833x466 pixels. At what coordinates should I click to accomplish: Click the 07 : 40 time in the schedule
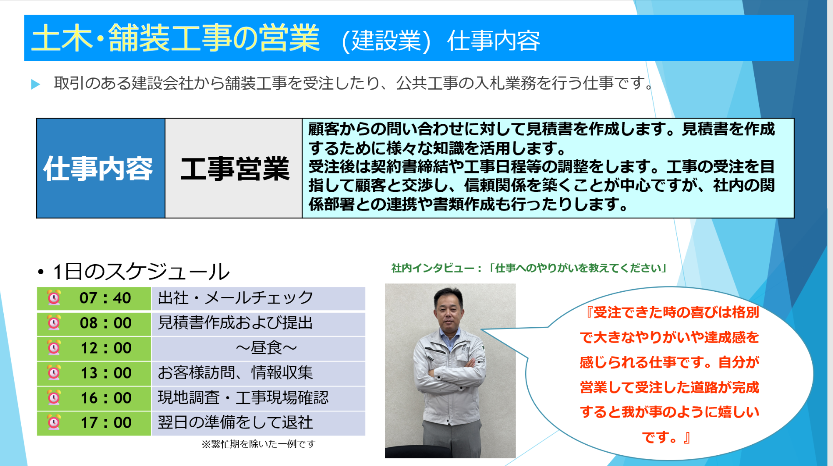[x=105, y=298]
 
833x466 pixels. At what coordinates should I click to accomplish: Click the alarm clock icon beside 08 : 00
[x=54, y=323]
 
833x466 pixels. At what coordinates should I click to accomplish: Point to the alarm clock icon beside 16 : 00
[x=54, y=397]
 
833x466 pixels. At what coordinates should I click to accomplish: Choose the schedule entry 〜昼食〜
[x=266, y=348]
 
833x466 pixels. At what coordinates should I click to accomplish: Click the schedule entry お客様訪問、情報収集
[x=235, y=373]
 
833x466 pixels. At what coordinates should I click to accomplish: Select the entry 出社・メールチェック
[x=235, y=298]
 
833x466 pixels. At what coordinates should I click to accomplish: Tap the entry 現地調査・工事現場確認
[x=243, y=398]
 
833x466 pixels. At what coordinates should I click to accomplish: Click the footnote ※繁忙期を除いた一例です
[x=258, y=444]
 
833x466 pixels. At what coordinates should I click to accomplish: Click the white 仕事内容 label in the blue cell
[x=98, y=168]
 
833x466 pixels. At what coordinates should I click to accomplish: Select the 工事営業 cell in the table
[x=234, y=168]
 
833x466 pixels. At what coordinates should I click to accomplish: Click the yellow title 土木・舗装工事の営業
[x=175, y=38]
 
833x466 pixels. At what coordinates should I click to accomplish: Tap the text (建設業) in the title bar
[x=386, y=41]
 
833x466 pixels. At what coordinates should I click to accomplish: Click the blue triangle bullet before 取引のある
[x=35, y=84]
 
